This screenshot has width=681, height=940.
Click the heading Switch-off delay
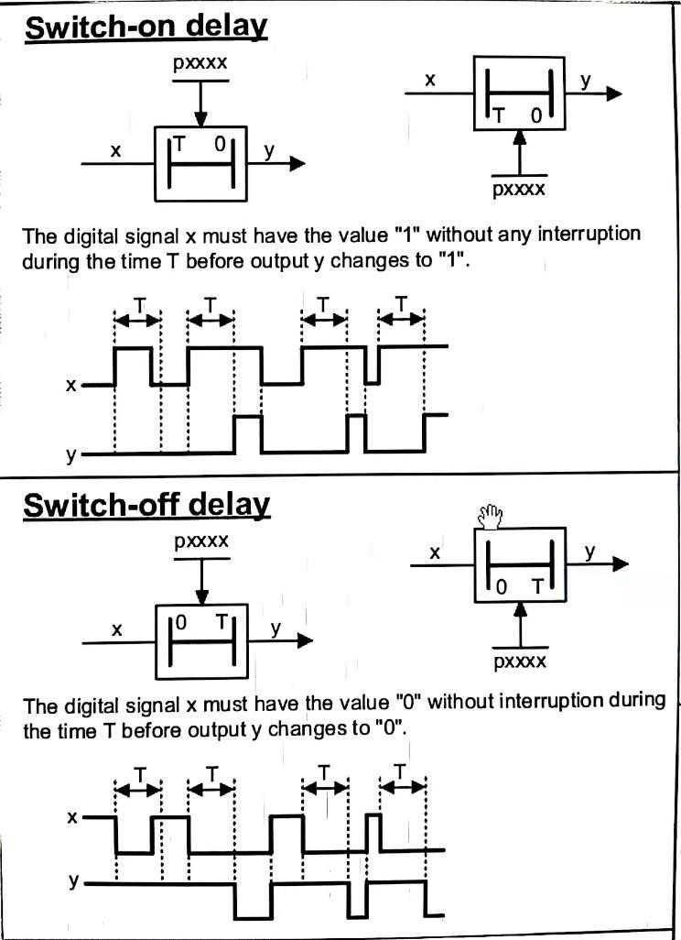click(x=146, y=505)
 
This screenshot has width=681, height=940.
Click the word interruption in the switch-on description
click(x=589, y=234)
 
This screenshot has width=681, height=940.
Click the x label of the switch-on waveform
click(x=70, y=385)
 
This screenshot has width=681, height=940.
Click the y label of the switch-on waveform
click(x=70, y=454)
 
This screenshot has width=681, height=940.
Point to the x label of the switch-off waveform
click(x=71, y=816)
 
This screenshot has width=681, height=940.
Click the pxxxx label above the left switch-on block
click(x=200, y=65)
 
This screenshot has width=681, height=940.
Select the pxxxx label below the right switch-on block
click(x=519, y=190)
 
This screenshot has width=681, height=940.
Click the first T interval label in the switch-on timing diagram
click(x=137, y=304)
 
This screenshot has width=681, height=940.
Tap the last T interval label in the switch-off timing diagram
click(x=401, y=771)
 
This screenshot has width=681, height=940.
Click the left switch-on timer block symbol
click(x=200, y=163)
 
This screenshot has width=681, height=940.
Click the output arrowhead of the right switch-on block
click(x=613, y=94)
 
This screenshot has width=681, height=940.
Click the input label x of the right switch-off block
click(x=436, y=552)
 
